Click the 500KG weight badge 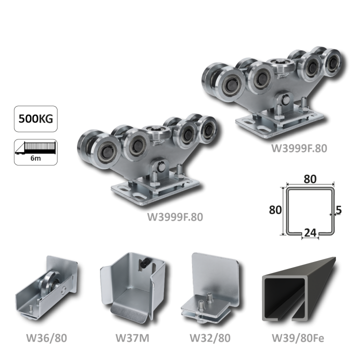pyautogui.click(x=36, y=118)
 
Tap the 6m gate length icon pyautogui.click(x=36, y=152)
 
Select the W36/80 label pyautogui.click(x=46, y=338)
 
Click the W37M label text pyautogui.click(x=132, y=338)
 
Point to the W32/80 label pyautogui.click(x=210, y=338)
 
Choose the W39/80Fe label pyautogui.click(x=298, y=338)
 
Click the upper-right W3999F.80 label pyautogui.click(x=299, y=148)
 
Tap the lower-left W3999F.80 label pyautogui.click(x=175, y=217)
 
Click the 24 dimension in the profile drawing pyautogui.click(x=310, y=233)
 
